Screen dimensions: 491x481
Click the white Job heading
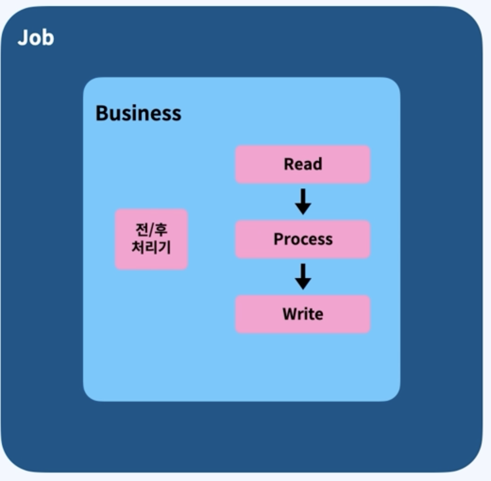click(36, 38)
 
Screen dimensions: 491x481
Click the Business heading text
click(138, 113)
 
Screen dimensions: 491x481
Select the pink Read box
click(303, 164)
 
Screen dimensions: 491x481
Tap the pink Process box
click(303, 239)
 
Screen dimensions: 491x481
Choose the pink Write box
click(303, 314)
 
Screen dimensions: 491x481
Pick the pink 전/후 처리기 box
click(151, 239)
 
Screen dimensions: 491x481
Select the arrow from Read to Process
click(303, 202)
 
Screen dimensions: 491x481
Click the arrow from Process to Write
click(303, 277)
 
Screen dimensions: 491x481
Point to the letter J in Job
click(22, 38)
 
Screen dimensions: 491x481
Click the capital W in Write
click(290, 314)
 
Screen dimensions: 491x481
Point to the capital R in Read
click(288, 164)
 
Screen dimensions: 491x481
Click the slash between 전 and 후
click(151, 230)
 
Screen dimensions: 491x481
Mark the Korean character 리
click(151, 247)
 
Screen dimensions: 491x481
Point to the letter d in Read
click(318, 164)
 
